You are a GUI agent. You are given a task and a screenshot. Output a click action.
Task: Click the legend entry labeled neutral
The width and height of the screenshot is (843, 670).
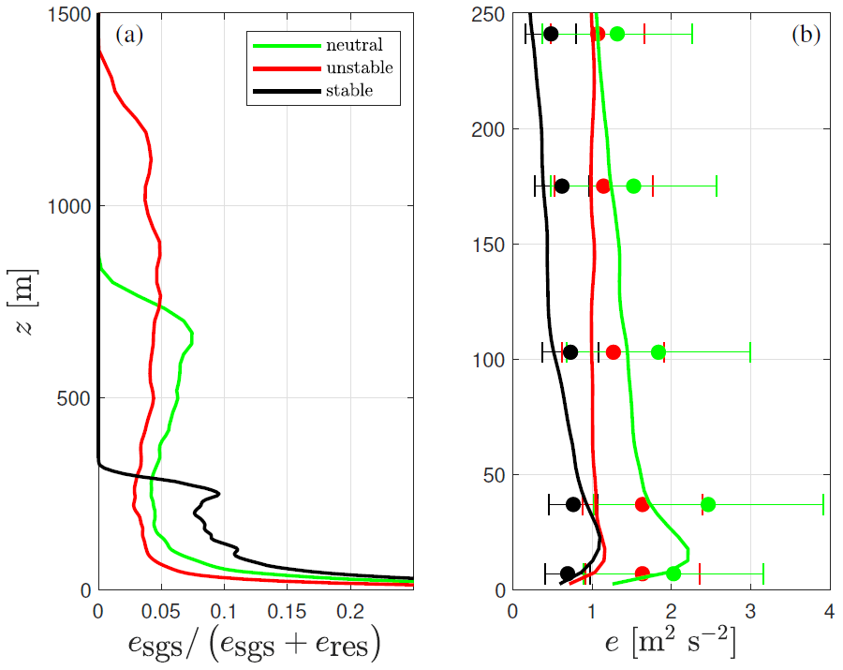point(350,43)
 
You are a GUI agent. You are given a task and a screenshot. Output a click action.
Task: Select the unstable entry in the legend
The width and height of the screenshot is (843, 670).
point(359,67)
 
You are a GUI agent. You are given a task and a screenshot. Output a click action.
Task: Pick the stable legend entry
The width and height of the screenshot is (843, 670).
point(348,91)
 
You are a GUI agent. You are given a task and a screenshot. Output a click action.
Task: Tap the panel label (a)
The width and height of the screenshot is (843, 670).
point(128,36)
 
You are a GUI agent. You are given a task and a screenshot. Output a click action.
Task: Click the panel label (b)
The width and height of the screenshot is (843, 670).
point(806,36)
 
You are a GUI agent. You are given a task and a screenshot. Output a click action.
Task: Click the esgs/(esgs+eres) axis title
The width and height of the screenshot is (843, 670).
point(253,645)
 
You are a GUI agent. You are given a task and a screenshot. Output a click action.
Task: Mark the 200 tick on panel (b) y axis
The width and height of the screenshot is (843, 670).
point(487,129)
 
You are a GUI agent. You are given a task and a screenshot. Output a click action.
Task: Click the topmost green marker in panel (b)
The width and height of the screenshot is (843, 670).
point(617,35)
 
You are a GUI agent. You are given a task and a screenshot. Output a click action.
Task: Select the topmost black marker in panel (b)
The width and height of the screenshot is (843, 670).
point(551,35)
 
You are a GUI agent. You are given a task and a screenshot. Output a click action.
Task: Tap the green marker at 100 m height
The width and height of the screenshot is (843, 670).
point(658,352)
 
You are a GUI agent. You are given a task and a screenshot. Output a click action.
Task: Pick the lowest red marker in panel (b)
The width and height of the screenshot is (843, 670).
point(643,573)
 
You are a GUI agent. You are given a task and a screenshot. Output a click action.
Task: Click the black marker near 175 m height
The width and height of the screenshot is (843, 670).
point(562,186)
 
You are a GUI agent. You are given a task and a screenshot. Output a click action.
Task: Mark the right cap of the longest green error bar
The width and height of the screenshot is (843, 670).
point(823,504)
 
